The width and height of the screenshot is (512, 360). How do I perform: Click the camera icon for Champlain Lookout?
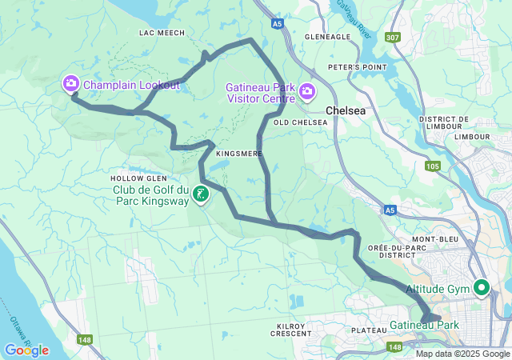click(x=71, y=83)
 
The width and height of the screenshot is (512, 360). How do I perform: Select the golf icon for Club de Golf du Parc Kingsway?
click(x=200, y=194)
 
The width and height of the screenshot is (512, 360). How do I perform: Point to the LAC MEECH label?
click(x=162, y=33)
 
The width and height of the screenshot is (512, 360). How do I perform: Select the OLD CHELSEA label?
click(x=300, y=122)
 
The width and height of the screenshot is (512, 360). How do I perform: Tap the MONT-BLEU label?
click(x=434, y=239)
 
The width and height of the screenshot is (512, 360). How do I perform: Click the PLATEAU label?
click(x=369, y=330)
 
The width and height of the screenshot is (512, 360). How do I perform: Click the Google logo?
click(x=26, y=350)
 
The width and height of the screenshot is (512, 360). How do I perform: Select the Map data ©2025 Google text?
click(x=462, y=354)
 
